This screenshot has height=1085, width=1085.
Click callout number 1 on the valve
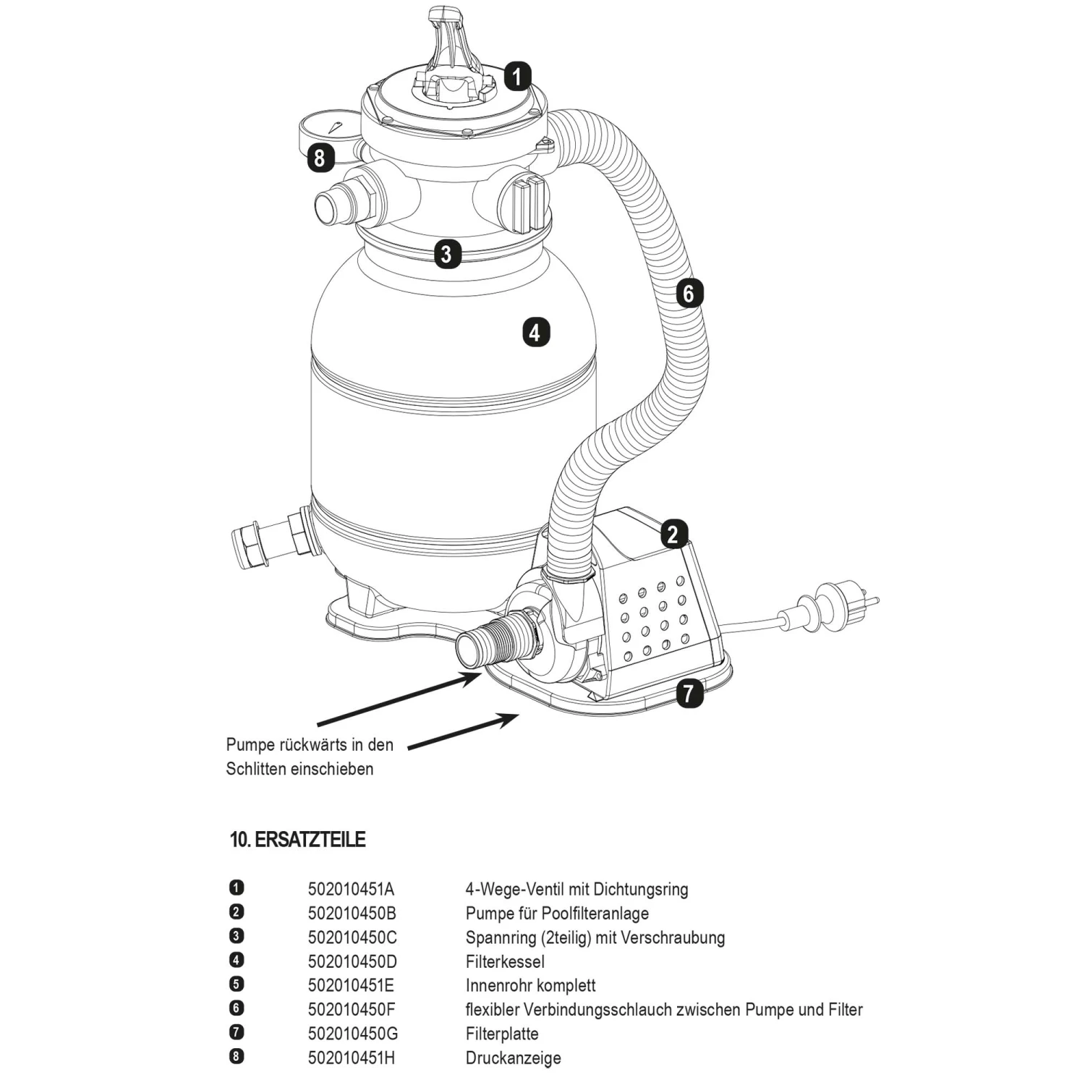[x=516, y=76]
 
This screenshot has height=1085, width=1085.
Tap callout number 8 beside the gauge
[x=320, y=158]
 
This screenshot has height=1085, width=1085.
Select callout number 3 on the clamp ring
[x=447, y=254]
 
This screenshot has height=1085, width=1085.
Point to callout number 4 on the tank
[x=535, y=333]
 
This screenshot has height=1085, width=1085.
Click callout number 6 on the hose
[x=689, y=293]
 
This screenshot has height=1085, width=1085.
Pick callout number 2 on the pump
[x=673, y=535]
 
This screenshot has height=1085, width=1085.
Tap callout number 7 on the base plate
[x=689, y=694]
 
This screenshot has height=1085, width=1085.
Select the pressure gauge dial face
[x=332, y=127]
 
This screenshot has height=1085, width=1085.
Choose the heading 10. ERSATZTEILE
[x=297, y=840]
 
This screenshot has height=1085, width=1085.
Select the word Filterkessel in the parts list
[x=505, y=961]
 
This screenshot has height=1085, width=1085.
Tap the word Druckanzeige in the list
[x=513, y=1058]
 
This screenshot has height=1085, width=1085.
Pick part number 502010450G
[x=352, y=1034]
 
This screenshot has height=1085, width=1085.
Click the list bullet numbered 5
[x=236, y=984]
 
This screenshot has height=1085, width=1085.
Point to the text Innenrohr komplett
[x=530, y=985]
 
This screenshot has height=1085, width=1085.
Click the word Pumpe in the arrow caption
[x=250, y=744]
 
